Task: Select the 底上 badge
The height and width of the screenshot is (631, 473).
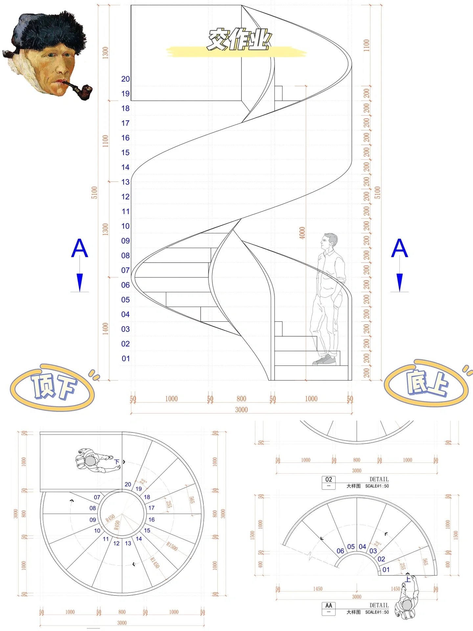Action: [x=427, y=383]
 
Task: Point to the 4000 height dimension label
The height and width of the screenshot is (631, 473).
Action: [x=302, y=233]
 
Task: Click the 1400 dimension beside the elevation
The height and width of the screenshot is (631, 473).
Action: [x=105, y=329]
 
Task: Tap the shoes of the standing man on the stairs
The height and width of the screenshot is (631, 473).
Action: [x=324, y=360]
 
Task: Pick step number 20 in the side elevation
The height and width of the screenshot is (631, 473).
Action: [x=125, y=79]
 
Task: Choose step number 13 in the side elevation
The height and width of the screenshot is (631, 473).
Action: [x=125, y=182]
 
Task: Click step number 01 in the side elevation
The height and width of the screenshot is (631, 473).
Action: [x=125, y=359]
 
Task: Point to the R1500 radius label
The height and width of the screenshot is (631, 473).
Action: [x=172, y=547]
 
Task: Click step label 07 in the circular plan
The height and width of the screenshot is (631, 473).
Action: [x=97, y=497]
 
